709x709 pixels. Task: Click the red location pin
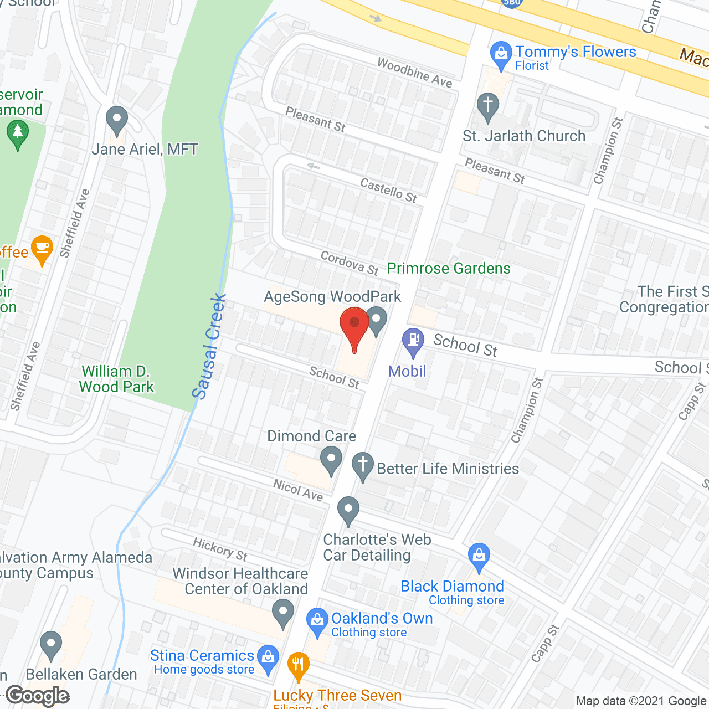354,327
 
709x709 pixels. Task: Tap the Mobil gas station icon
413,342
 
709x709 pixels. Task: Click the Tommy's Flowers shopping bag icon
501,55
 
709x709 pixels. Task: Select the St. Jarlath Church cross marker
487,106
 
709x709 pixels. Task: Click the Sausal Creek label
209,346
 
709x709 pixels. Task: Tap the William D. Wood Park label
116,379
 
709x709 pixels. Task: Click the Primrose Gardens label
448,269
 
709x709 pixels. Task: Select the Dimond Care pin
331,461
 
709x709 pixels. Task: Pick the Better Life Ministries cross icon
363,466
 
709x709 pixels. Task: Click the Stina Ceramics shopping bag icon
268,659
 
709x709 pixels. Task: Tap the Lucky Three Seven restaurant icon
299,666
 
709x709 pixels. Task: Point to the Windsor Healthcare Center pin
283,614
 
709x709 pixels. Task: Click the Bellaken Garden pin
51,645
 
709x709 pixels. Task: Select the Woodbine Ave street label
414,73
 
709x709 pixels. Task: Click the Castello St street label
388,190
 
